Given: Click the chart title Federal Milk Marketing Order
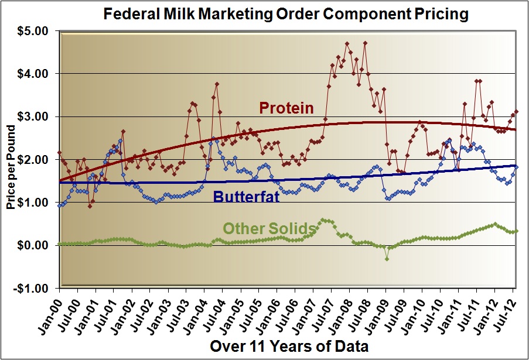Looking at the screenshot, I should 286,14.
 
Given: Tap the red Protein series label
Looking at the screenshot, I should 286,108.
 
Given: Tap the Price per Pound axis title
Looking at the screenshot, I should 11,159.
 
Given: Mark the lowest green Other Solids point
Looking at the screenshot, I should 387,259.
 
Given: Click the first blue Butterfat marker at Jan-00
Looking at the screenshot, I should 60,205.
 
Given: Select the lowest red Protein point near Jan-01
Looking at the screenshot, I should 90,206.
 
